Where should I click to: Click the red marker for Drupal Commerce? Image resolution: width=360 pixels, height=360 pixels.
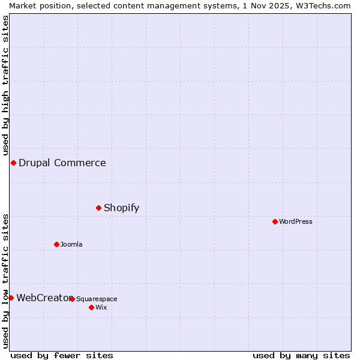coord(13,163)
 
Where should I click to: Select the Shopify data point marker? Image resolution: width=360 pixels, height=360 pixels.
coord(99,208)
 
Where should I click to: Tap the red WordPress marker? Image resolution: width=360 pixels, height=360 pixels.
coord(275,221)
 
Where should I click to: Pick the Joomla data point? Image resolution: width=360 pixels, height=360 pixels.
coord(56,244)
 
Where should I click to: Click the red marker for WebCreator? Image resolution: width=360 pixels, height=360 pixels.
coord(11,298)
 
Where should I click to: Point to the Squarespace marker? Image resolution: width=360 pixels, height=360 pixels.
coord(72,299)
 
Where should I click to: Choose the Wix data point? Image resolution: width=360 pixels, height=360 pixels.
coord(91,307)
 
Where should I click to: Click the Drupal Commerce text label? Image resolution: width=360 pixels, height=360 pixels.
coord(62,163)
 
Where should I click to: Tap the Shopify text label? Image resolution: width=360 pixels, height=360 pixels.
coord(121,208)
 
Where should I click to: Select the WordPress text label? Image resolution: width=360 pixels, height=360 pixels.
coord(295,221)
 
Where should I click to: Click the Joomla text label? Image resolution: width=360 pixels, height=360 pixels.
coord(71,244)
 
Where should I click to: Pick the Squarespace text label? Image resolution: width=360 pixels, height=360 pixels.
coord(97,299)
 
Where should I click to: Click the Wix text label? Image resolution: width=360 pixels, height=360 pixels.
coord(101,307)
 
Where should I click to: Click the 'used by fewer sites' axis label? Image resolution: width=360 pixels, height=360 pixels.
coord(62,355)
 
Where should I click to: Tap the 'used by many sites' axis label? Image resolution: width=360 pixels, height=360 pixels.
coord(301,355)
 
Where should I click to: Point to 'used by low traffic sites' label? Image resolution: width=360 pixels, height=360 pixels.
coord(5,280)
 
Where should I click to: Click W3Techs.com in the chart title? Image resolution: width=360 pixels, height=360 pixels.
coord(320,5)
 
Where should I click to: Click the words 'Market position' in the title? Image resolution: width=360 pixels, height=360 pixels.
coord(38,5)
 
